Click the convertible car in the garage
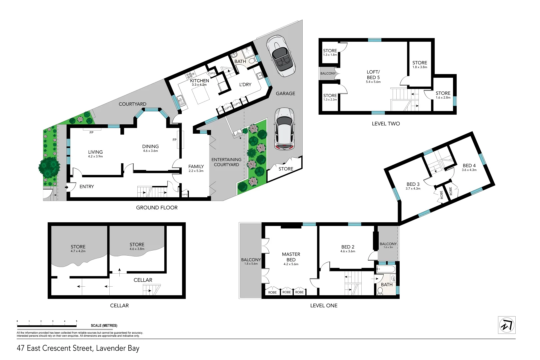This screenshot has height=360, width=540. coord(281,56)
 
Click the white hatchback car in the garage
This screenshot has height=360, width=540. coord(284,129)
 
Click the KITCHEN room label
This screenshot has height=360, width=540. coord(199,81)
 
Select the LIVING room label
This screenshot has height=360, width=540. coord(95,152)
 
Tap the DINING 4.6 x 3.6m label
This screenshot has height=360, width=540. coord(150,148)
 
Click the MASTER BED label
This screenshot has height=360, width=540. coord(291,257)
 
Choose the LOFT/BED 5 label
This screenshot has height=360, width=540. coord(373,75)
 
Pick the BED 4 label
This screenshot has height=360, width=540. coord(469,166)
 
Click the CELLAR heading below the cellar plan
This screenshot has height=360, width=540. coord(119,306)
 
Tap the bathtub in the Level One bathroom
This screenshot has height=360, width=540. coord(386,269)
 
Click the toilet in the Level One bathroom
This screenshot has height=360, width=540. coord(380,291)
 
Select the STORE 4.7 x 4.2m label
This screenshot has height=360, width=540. coord(78,248)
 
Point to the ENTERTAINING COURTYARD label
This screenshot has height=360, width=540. coord(226,162)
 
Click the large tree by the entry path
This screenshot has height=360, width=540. coord(49,167)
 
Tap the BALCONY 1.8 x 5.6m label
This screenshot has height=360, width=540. coord(251,261)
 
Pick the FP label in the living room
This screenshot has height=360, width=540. coord(91,133)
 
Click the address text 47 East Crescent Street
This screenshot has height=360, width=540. coord(78,348)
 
